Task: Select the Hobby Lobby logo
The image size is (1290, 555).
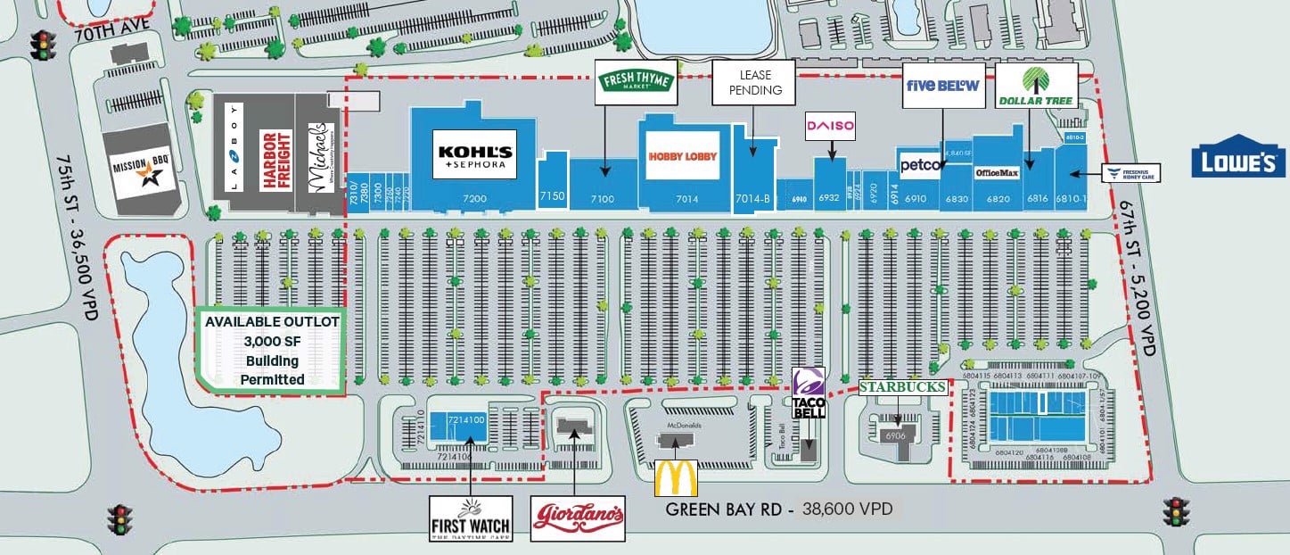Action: point(683,156)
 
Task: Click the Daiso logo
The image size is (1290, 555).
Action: point(830,127)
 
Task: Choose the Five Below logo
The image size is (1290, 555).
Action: point(943,86)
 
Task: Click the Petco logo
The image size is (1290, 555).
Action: point(916,165)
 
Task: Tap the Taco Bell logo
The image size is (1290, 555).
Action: point(809,393)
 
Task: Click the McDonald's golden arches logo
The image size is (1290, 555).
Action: point(675,477)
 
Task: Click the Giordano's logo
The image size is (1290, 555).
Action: point(579,518)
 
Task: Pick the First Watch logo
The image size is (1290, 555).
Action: point(471,518)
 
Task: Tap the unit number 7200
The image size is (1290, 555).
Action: point(474,199)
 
